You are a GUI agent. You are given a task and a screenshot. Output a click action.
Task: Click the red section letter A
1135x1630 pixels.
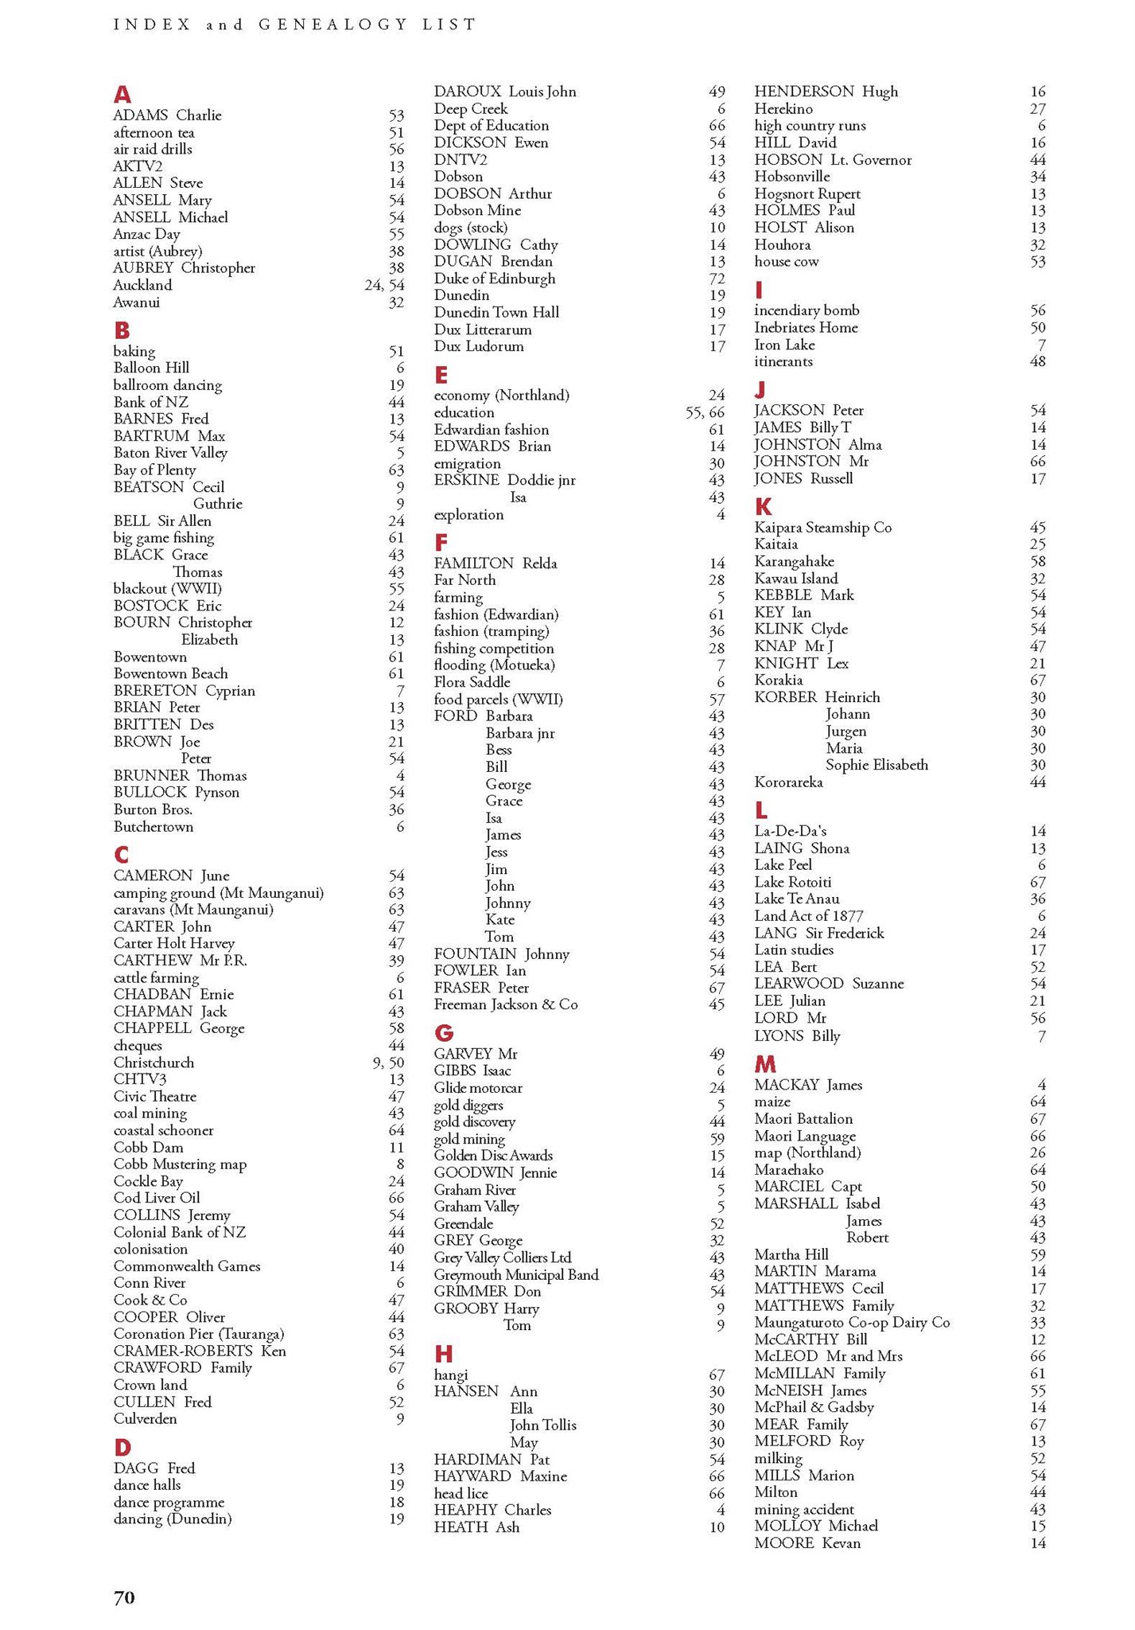122,95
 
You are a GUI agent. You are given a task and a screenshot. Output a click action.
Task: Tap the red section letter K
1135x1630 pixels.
763,507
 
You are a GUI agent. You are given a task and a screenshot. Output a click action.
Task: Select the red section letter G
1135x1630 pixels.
443,1033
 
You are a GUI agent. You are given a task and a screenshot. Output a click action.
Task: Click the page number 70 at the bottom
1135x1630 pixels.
124,1597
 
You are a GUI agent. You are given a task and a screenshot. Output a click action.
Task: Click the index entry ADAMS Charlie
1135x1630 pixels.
167,115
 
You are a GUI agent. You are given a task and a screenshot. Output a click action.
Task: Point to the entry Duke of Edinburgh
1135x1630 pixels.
494,279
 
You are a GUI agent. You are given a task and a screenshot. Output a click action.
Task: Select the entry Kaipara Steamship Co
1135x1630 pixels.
822,528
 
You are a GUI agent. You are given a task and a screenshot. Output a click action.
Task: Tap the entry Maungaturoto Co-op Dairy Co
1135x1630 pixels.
851,1322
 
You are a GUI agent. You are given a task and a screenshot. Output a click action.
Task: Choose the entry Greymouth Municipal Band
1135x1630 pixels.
515,1274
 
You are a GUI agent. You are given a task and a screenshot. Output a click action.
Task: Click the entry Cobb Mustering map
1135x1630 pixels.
180,1164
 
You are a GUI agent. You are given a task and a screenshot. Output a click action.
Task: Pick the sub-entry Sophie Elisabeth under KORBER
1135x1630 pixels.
876,765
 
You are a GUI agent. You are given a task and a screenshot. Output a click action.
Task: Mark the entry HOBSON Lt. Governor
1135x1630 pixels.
832,160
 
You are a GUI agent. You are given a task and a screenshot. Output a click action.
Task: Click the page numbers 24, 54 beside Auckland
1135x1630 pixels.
384,285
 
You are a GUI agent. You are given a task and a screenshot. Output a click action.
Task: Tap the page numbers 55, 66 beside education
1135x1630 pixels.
705,412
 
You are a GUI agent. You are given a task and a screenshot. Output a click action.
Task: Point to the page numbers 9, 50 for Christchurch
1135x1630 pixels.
388,1063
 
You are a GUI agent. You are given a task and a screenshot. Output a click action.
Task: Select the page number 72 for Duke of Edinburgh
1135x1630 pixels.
717,279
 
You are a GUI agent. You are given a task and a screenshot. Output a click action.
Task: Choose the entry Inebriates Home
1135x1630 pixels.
806,327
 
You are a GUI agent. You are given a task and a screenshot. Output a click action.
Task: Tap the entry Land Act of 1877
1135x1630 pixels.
808,916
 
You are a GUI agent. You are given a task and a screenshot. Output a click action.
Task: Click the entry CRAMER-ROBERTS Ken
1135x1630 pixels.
200,1351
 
